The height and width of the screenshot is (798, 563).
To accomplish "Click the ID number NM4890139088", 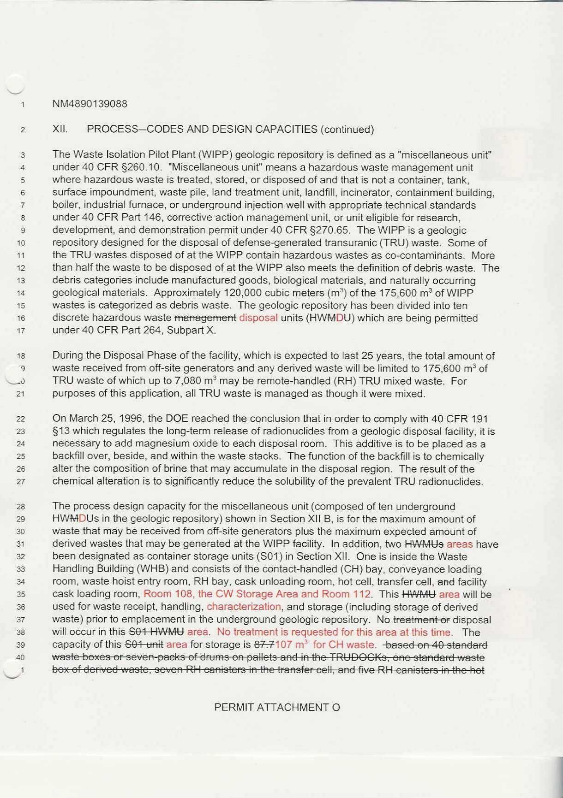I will [x=90, y=104].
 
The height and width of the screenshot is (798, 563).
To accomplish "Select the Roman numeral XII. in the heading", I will [x=60, y=129].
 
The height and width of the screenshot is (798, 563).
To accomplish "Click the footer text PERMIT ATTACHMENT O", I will [x=277, y=707].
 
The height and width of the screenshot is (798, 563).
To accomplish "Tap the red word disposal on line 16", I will [x=258, y=318].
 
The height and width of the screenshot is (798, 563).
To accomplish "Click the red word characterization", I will [x=244, y=607].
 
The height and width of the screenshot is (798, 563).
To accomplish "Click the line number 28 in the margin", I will [x=21, y=507].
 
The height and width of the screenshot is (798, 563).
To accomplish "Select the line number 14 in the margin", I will [x=21, y=293].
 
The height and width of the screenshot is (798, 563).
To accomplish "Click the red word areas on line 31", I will [x=460, y=544].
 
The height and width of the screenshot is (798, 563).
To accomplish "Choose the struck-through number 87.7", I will [x=264, y=644].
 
